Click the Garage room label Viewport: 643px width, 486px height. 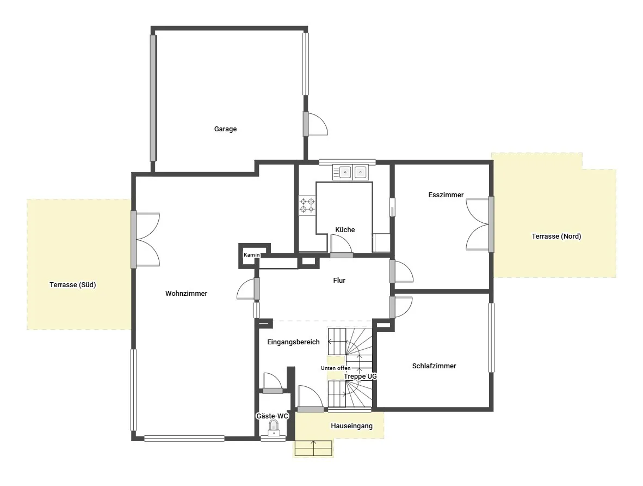tap(225, 129)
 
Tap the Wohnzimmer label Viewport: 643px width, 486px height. tap(186, 293)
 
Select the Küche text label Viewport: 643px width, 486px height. tap(345, 229)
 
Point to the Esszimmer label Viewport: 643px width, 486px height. tap(446, 195)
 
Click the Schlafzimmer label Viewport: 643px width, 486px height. tap(434, 366)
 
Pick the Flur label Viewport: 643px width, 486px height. tap(339, 280)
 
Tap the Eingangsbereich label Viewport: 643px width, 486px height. tap(293, 342)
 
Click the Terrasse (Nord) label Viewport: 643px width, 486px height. tap(556, 236)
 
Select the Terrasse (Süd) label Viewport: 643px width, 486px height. tap(72, 285)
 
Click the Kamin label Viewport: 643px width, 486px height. tap(251, 254)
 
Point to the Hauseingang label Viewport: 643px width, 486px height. tap(351, 426)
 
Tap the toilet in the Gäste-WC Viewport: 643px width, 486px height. tap(274, 428)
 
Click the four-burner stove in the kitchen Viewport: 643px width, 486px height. tap(307, 205)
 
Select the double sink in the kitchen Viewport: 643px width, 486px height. tap(350, 172)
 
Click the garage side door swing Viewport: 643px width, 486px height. tap(316, 124)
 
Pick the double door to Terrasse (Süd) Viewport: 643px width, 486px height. tap(146, 240)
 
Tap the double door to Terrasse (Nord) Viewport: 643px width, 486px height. tap(479, 224)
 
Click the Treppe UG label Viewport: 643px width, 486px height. tap(360, 376)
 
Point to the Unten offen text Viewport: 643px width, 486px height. tap(336, 368)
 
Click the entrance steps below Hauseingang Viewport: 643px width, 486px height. tap(313, 448)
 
